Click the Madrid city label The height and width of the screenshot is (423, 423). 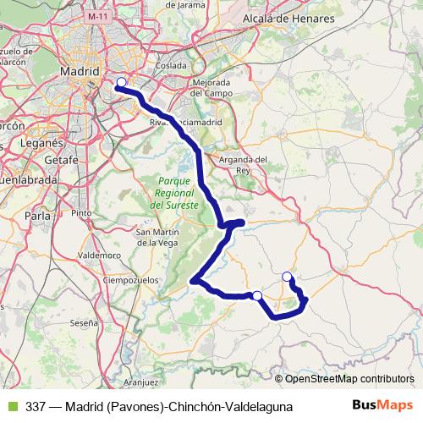(x=81, y=72)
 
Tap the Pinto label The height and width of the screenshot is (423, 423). (x=81, y=213)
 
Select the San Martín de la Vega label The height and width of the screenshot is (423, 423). (x=158, y=238)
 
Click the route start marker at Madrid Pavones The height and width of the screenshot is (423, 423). (x=121, y=82)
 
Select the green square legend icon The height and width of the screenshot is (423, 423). (x=10, y=407)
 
